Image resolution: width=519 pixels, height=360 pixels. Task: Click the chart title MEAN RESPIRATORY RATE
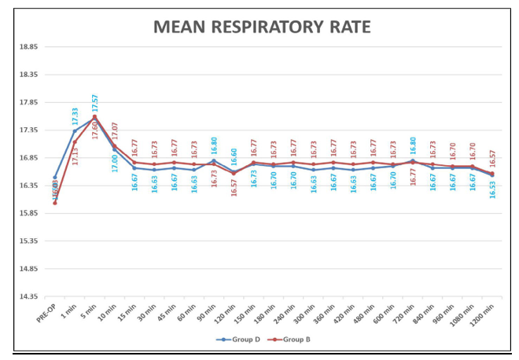tap(262, 28)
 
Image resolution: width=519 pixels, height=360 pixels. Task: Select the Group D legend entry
tap(241, 340)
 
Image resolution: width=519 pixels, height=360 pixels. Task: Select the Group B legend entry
tap(293, 340)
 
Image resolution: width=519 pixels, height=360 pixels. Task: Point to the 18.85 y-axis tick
tap(28, 47)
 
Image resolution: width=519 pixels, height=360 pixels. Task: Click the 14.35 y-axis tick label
tap(28, 296)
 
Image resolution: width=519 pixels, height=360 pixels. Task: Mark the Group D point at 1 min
tap(75, 131)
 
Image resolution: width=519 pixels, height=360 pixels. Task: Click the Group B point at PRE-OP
tap(55, 203)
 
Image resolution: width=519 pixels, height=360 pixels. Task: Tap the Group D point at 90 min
tap(214, 160)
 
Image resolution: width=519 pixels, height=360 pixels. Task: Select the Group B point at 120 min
tap(234, 174)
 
